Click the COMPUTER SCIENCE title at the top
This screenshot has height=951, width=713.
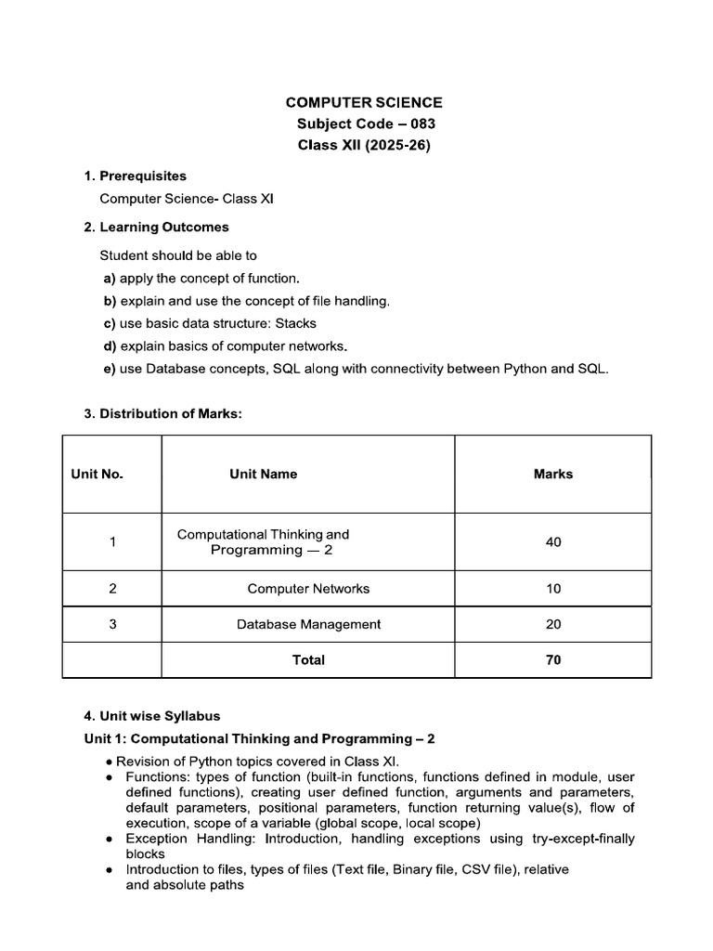pyautogui.click(x=364, y=103)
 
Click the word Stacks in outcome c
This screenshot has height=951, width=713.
pyautogui.click(x=296, y=323)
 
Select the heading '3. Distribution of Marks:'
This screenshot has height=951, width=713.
pyautogui.click(x=162, y=414)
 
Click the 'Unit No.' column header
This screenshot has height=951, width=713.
pyautogui.click(x=97, y=474)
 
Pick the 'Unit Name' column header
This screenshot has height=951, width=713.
pyautogui.click(x=264, y=474)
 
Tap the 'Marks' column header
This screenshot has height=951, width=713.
pyautogui.click(x=553, y=474)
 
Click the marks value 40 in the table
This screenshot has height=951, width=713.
pyautogui.click(x=553, y=542)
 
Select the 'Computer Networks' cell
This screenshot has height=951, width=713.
pyautogui.click(x=308, y=589)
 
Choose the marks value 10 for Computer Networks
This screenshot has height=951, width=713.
pyautogui.click(x=553, y=589)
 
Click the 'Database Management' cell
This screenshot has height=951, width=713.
pyautogui.click(x=308, y=624)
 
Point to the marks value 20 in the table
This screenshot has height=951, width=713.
pyautogui.click(x=553, y=624)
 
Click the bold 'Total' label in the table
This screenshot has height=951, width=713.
pyautogui.click(x=308, y=660)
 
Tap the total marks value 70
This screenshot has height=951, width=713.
pyautogui.click(x=553, y=660)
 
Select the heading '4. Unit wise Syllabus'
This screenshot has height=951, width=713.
pyautogui.click(x=152, y=716)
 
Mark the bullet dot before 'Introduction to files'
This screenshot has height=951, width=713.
pyautogui.click(x=110, y=870)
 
